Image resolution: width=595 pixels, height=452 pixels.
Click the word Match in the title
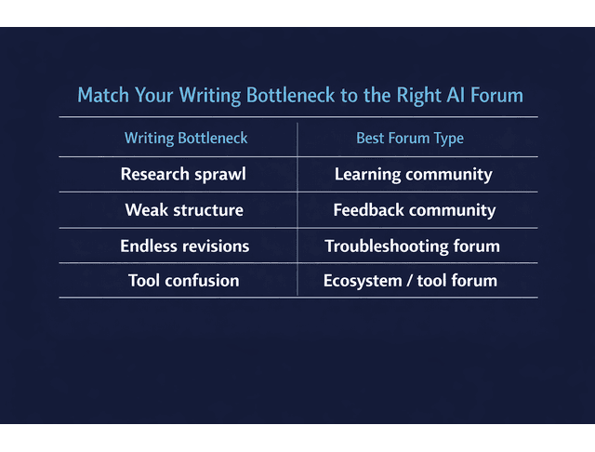tap(102, 96)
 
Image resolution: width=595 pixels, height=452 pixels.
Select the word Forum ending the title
tap(496, 96)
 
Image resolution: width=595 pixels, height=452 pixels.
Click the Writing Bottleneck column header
tap(186, 139)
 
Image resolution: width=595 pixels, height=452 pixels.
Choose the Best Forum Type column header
tap(410, 139)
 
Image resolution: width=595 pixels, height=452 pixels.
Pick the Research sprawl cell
tap(183, 175)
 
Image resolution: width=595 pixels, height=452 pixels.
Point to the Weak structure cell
tap(184, 210)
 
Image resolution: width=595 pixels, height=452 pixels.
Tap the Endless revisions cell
tap(184, 246)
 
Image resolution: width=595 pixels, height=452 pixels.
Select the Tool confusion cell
tap(183, 281)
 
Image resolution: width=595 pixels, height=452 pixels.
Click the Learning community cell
tap(413, 175)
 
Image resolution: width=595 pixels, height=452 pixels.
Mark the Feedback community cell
tap(414, 210)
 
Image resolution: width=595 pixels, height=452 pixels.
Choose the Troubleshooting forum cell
tap(412, 246)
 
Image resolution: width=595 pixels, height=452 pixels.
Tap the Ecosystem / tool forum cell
tap(410, 281)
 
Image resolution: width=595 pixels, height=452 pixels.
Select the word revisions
tap(217, 246)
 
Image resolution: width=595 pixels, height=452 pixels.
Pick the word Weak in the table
tap(145, 210)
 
